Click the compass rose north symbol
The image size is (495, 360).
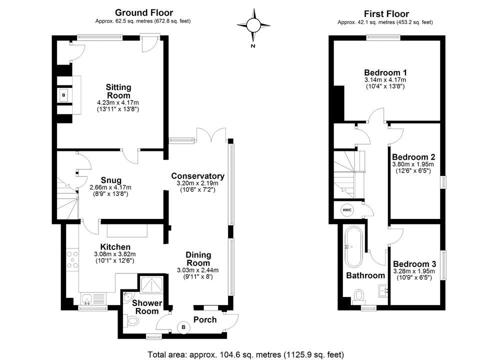coord(253,25)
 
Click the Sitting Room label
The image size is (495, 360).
coord(118,91)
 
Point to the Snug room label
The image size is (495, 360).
coord(110,180)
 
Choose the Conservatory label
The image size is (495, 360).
coord(197,176)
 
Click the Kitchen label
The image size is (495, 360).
coord(115,247)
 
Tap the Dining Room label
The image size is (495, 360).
coord(198,259)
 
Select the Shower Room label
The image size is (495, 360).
coord(147,307)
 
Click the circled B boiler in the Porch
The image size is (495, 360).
coord(183,327)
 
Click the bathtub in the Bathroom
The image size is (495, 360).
coord(353,246)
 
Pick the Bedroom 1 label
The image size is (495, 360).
coord(385,71)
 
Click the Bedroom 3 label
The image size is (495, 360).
coord(414,264)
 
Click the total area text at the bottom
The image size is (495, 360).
coord(246,354)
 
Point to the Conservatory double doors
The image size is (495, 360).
coord(209,135)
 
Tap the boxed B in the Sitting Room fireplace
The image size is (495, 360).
coord(64,95)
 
